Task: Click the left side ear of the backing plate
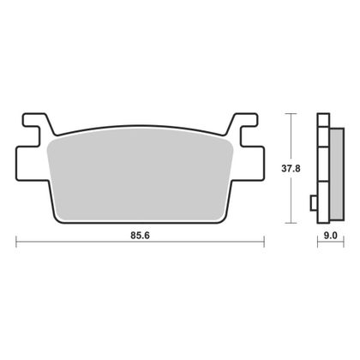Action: pyautogui.click(x=26, y=160)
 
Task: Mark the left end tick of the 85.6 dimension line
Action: pyautogui.click(x=18, y=243)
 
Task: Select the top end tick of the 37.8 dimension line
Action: pyautogui.click(x=292, y=113)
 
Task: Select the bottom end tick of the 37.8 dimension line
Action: pyautogui.click(x=292, y=223)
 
